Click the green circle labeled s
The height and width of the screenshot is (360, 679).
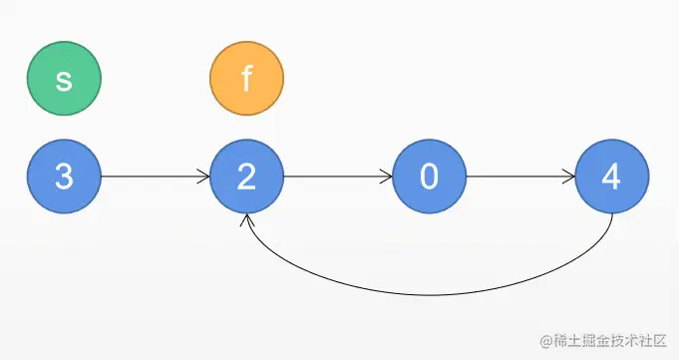[x=64, y=80]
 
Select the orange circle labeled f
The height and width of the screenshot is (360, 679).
[x=246, y=80]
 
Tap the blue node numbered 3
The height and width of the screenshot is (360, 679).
[x=64, y=178]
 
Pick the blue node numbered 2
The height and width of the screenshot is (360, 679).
[x=246, y=178]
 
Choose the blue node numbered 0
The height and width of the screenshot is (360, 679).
[x=430, y=178]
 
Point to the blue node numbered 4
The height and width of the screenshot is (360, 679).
[x=612, y=178]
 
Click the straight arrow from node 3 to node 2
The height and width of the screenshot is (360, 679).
[x=155, y=178]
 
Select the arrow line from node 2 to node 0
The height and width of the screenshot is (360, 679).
[x=337, y=178]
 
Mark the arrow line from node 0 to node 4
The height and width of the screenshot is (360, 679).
[x=520, y=178]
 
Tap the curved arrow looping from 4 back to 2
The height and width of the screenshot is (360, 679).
[x=429, y=294]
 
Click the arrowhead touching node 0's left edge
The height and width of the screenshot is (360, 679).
[x=387, y=178]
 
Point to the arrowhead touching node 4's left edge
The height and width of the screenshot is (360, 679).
[x=569, y=178]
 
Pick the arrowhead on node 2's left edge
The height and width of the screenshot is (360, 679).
[x=203, y=178]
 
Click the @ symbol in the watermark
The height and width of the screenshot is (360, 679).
[x=545, y=341]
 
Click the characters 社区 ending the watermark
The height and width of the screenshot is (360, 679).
[x=651, y=341]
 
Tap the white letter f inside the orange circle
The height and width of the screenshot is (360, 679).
[x=246, y=80]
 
